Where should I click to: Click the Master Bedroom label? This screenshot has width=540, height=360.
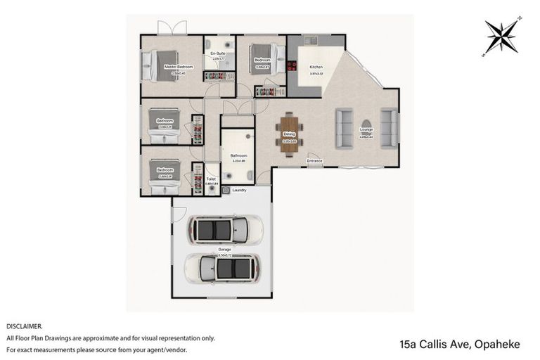click(179, 67)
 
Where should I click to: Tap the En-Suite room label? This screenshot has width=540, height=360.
click(218, 53)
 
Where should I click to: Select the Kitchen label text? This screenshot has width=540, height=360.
click(316, 67)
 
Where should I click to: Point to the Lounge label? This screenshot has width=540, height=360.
click(366, 129)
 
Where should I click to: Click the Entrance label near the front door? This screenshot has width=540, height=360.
click(314, 161)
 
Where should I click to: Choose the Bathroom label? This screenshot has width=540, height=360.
click(238, 155)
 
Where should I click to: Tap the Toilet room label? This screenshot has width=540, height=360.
click(211, 179)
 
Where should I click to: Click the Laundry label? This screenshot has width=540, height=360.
click(238, 190)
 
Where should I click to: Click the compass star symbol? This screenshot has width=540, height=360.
click(501, 37)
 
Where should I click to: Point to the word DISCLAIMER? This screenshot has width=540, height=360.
click(24, 326)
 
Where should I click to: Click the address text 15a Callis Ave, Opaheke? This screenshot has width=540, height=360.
click(459, 344)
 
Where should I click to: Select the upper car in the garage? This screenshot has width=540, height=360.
click(224, 228)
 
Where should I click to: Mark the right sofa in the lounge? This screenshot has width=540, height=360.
click(388, 127)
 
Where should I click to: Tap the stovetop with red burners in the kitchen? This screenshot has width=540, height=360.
click(291, 67)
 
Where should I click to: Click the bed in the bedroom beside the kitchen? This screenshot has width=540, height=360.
click(268, 59)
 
